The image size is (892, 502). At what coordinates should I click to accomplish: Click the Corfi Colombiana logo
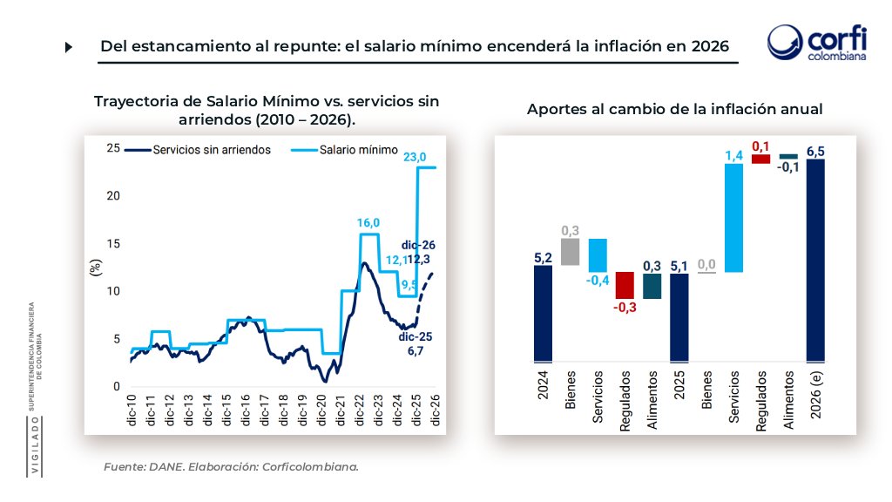pos(816,44)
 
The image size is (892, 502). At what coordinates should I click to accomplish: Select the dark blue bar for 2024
pos(543,314)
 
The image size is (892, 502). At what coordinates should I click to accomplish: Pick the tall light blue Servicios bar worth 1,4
pos(733,218)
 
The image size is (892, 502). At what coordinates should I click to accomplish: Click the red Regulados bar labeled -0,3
pos(625,285)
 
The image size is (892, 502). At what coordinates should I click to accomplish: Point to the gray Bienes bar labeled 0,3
pos(570,252)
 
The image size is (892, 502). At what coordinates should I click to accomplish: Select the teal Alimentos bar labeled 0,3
pos(652,286)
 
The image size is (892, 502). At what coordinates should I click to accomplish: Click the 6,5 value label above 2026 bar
pos(816,152)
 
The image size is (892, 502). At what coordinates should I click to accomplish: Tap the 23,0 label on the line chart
pos(415,157)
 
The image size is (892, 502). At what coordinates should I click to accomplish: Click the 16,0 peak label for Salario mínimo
pos(368,223)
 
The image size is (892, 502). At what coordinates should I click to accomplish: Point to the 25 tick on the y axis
pos(112,148)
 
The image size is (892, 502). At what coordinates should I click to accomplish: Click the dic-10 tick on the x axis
pos(132,410)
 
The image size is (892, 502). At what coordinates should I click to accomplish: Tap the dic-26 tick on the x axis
pos(435,410)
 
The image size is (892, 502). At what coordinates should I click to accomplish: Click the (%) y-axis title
pos(95,268)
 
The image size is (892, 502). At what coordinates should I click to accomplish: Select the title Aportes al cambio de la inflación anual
pos(674,109)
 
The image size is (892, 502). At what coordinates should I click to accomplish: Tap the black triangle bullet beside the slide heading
pos(69,47)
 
